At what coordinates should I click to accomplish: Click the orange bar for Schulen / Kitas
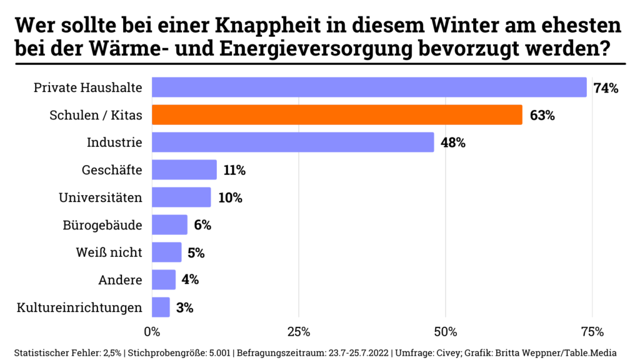tap(337, 115)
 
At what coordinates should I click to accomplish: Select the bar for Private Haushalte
tap(369, 87)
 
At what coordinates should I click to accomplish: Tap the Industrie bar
tap(292, 142)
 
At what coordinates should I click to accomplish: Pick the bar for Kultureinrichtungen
tap(161, 307)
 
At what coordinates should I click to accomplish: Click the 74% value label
tap(606, 88)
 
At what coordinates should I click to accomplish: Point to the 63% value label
tap(542, 116)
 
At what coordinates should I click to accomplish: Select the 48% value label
tap(453, 143)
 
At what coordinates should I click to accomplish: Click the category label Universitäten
tap(101, 197)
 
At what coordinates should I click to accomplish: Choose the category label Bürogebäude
tap(102, 225)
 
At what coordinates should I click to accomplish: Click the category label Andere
tap(121, 280)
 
